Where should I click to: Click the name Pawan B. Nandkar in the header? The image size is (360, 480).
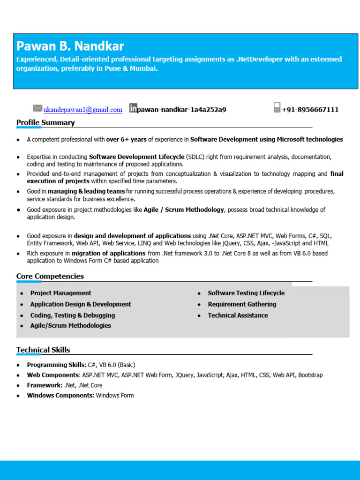[70, 46]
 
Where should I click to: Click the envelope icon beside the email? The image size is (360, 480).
[37, 108]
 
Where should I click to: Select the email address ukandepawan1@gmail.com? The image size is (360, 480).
[83, 110]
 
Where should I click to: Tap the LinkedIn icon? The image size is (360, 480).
[133, 108]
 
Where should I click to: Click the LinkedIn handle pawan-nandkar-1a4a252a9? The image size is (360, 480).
[181, 110]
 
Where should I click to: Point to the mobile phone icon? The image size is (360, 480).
[277, 108]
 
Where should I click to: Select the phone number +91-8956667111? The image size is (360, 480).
[310, 110]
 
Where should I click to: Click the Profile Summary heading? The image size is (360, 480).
[45, 123]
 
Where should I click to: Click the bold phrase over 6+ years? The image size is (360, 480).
[126, 139]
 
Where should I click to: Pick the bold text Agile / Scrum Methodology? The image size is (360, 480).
[184, 210]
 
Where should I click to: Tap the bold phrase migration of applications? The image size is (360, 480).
[108, 253]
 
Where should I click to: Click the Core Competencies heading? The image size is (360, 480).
[50, 277]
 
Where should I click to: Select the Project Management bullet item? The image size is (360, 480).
[61, 293]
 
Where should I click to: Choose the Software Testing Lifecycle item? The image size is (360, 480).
[246, 293]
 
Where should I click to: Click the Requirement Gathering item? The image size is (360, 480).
[242, 304]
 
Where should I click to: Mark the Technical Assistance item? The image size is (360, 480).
[238, 315]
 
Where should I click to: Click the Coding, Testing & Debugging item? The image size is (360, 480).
[73, 315]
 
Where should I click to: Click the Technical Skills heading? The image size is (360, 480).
[43, 350]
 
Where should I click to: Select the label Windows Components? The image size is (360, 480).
[60, 396]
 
